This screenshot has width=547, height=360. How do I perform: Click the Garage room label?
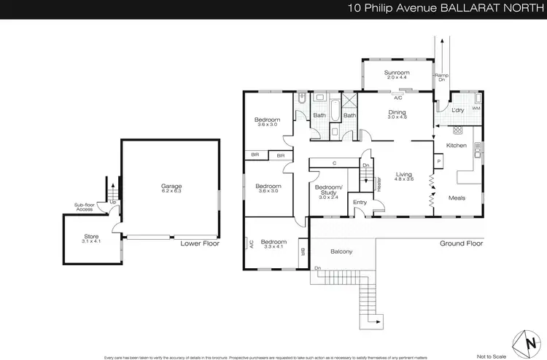[171, 187]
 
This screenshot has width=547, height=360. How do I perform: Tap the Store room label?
[91, 236]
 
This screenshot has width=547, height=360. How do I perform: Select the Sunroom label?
[397, 73]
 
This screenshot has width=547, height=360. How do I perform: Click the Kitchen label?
[456, 146]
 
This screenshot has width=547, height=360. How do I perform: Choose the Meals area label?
[457, 197]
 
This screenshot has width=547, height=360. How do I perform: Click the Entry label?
[360, 203]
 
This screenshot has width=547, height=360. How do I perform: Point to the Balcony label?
[341, 251]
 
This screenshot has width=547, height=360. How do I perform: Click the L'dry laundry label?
[457, 110]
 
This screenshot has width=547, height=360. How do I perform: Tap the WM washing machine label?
[476, 108]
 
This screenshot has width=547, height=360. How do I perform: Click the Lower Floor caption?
[200, 243]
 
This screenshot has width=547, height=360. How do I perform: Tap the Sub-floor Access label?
[88, 208]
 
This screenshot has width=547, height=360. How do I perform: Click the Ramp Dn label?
[440, 77]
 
